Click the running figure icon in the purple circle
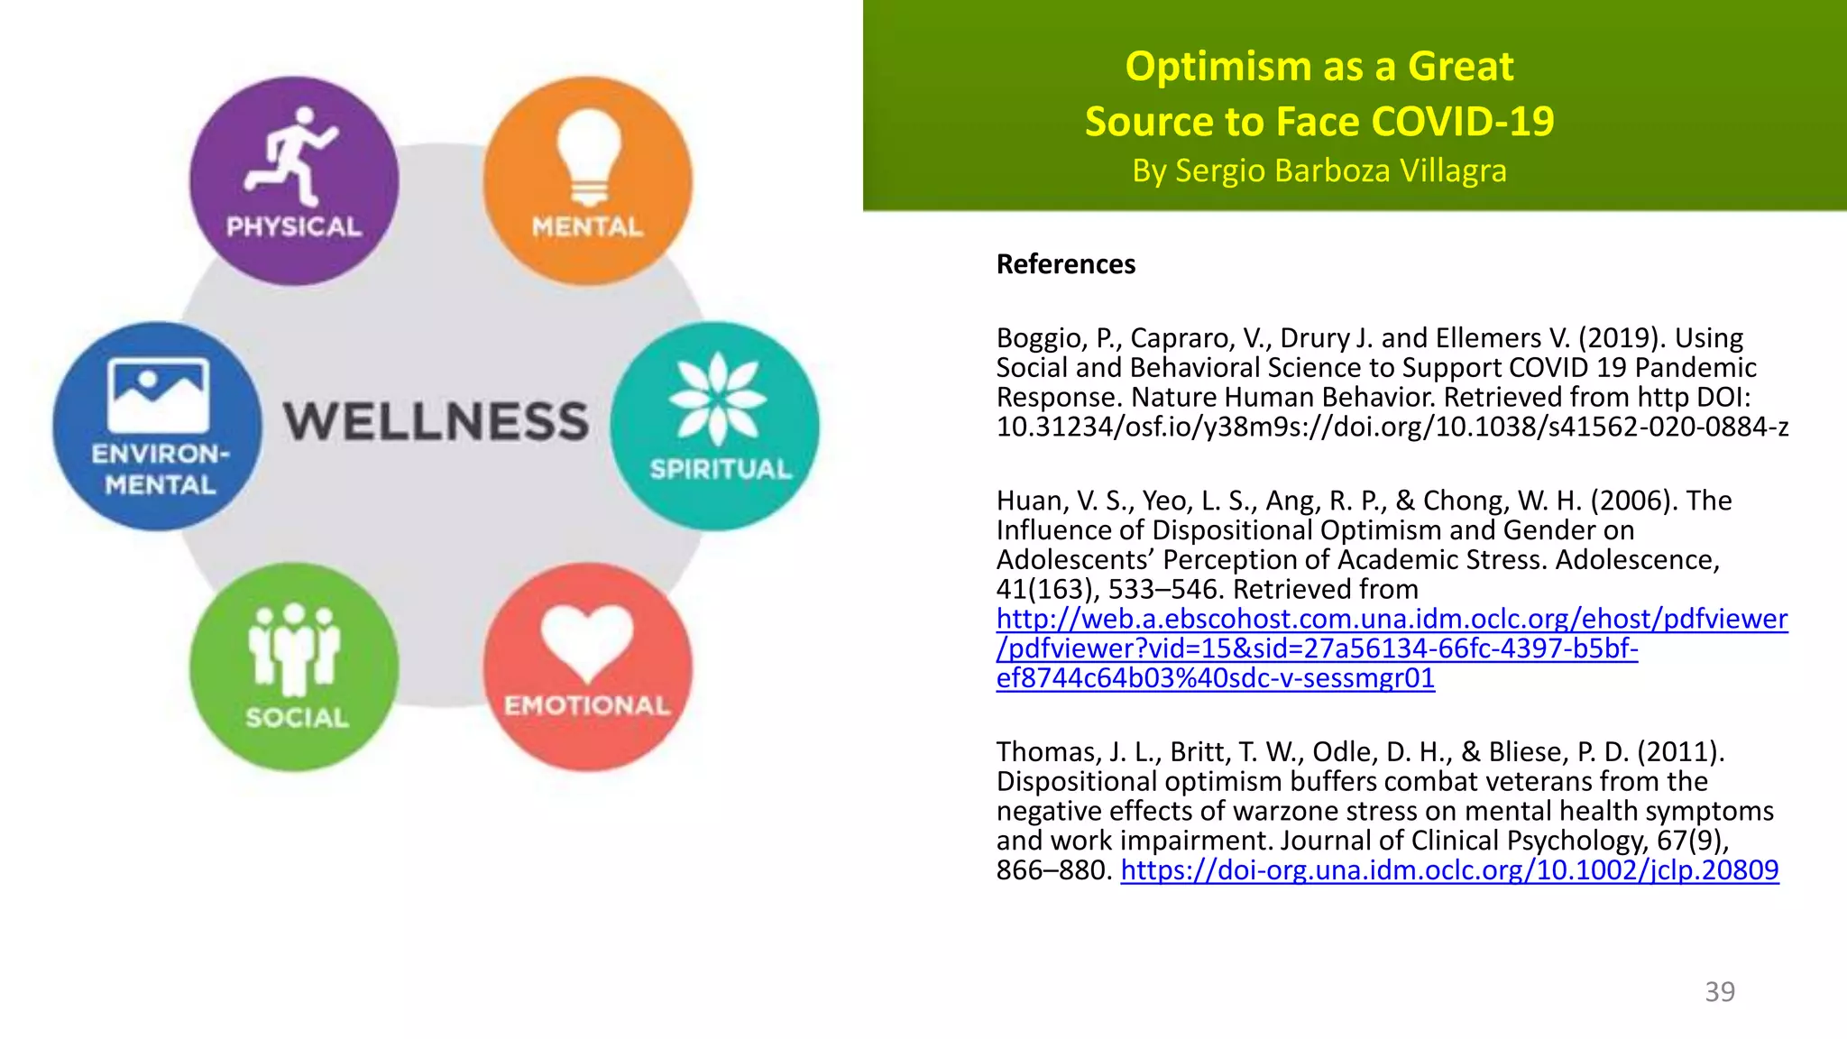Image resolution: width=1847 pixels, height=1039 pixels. (291, 155)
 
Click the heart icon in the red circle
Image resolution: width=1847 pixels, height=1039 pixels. (587, 639)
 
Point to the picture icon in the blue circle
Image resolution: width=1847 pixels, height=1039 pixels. (159, 394)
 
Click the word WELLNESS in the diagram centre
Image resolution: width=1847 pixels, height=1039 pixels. (436, 422)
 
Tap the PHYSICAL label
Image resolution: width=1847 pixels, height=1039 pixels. (294, 226)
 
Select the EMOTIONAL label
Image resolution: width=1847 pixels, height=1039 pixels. (587, 705)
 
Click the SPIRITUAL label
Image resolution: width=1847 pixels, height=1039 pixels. (721, 469)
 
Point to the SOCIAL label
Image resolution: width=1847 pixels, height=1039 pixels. (297, 718)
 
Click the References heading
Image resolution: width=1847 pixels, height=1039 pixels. (1065, 264)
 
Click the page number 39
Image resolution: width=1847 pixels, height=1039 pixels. (1719, 991)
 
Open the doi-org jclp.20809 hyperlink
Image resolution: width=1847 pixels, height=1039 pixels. (1449, 870)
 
